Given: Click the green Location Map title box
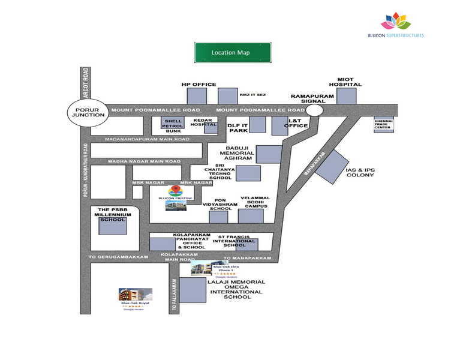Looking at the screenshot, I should [x=233, y=53].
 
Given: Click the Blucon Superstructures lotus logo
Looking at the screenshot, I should [x=396, y=22].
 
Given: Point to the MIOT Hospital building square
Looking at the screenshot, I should [x=346, y=95].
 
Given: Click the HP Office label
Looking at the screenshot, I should [x=199, y=85].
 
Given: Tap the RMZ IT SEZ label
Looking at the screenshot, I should [x=252, y=95].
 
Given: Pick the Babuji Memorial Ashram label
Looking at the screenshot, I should [x=240, y=153].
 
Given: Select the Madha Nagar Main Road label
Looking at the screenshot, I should [x=144, y=161].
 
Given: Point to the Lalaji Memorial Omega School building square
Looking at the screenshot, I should [x=193, y=290].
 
